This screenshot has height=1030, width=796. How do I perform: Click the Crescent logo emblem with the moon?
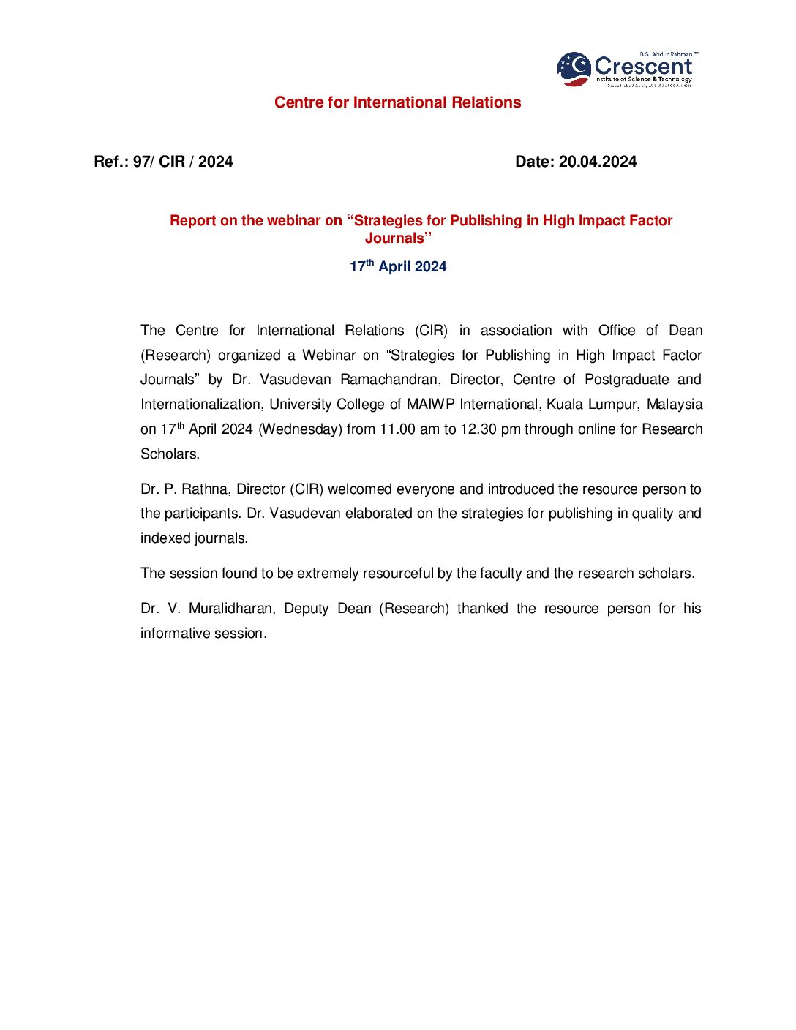(x=574, y=69)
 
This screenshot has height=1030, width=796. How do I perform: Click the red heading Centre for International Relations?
(x=397, y=102)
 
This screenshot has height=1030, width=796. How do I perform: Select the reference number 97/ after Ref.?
(x=143, y=162)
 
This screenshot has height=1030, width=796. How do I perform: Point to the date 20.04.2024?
(x=597, y=162)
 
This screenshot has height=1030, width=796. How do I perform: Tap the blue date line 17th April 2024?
(x=397, y=266)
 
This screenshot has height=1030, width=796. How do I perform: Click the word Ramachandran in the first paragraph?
(x=389, y=380)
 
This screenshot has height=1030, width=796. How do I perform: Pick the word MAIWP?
(x=431, y=405)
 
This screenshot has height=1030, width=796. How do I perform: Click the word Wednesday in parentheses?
(x=300, y=429)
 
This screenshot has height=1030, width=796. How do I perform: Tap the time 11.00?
(x=397, y=429)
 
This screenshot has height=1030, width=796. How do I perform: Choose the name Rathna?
(x=204, y=489)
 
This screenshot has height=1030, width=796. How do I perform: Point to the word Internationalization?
(x=200, y=405)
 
